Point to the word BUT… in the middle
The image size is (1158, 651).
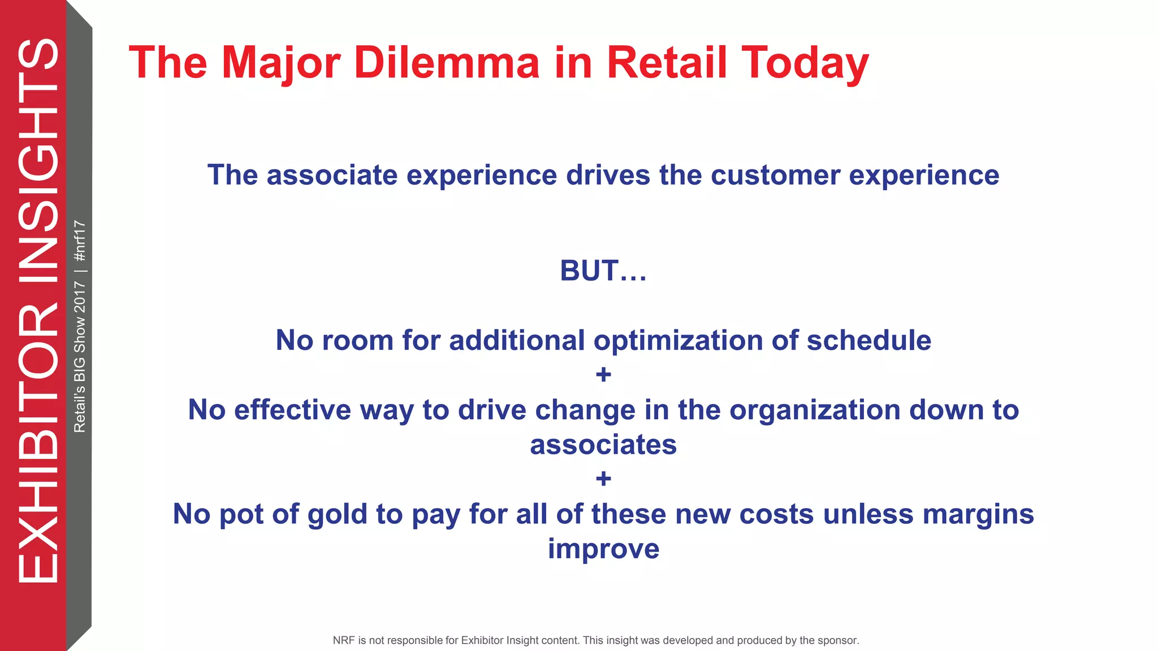point(603,271)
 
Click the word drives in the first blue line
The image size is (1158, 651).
point(608,175)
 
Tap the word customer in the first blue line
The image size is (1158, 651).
point(775,175)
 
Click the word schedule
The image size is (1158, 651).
point(868,341)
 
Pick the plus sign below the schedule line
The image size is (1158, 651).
point(603,375)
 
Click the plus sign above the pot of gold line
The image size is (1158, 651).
point(603,479)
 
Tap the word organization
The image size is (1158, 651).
point(815,410)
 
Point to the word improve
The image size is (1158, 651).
point(603,549)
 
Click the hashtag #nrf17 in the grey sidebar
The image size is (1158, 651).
point(80,241)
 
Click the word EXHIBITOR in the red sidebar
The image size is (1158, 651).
point(38,444)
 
